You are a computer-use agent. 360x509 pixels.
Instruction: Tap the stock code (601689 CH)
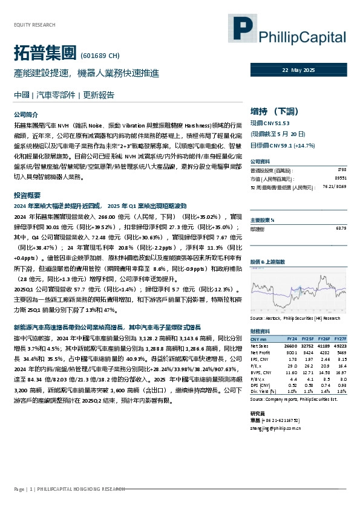click(99, 56)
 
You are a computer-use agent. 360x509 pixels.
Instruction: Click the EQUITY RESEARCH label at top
click(34, 25)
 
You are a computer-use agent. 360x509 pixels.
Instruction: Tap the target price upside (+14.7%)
click(307, 146)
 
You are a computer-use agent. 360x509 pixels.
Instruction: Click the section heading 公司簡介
click(25, 114)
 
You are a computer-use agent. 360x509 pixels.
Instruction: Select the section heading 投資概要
click(27, 196)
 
